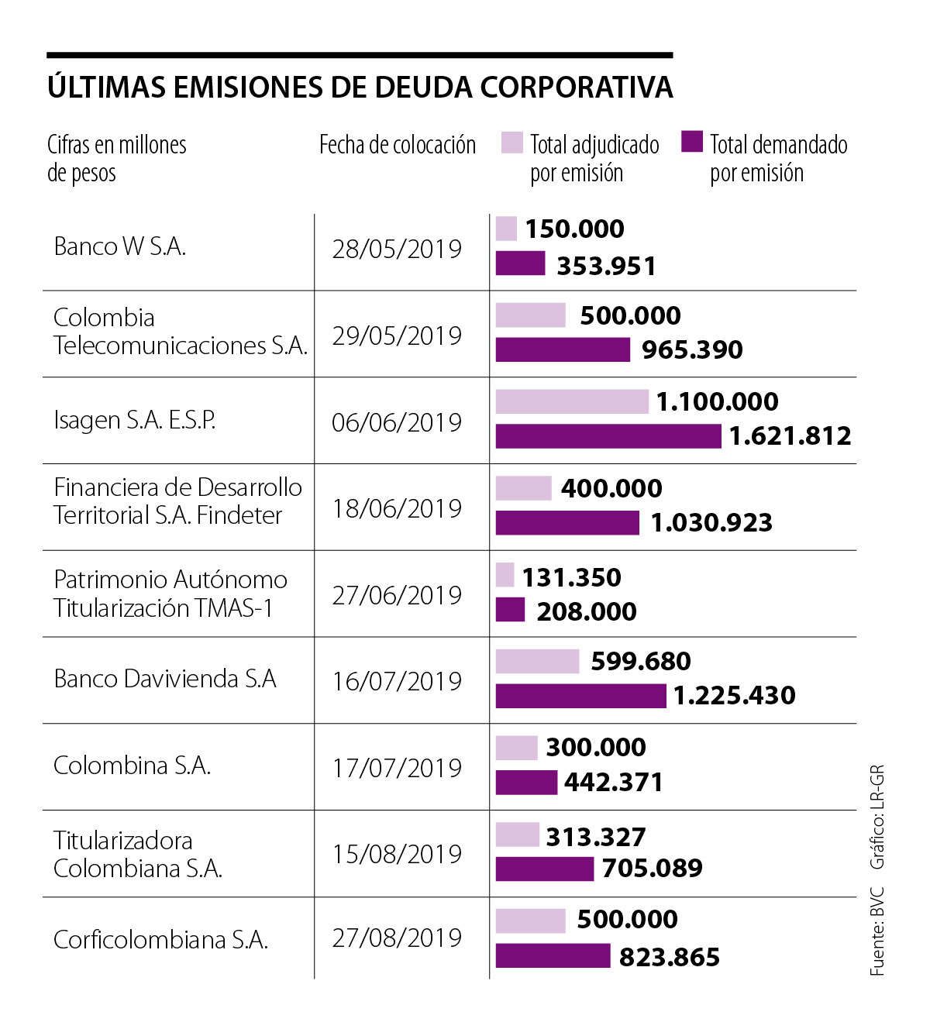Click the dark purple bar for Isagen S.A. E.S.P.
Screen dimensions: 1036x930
point(608,436)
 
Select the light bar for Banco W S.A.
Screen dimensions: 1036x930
point(506,229)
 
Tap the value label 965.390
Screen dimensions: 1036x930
point(692,349)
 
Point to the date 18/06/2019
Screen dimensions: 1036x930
point(397,508)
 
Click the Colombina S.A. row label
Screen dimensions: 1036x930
point(132,766)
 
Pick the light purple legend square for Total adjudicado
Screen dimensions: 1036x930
point(511,143)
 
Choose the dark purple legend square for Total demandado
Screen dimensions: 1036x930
point(692,143)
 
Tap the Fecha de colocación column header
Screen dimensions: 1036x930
point(398,145)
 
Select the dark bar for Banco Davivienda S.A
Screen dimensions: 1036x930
point(580,696)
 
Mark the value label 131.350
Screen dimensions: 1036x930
point(571,577)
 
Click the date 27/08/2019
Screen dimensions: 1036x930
point(397,938)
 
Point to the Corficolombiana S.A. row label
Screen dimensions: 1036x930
point(160,940)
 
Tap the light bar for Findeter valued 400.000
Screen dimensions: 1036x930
point(523,488)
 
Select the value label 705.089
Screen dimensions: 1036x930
point(652,868)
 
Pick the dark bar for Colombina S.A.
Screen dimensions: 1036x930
point(526,782)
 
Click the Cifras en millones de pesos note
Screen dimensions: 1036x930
point(116,158)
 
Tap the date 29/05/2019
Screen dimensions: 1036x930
point(397,336)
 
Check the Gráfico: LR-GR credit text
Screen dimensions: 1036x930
point(877,817)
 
